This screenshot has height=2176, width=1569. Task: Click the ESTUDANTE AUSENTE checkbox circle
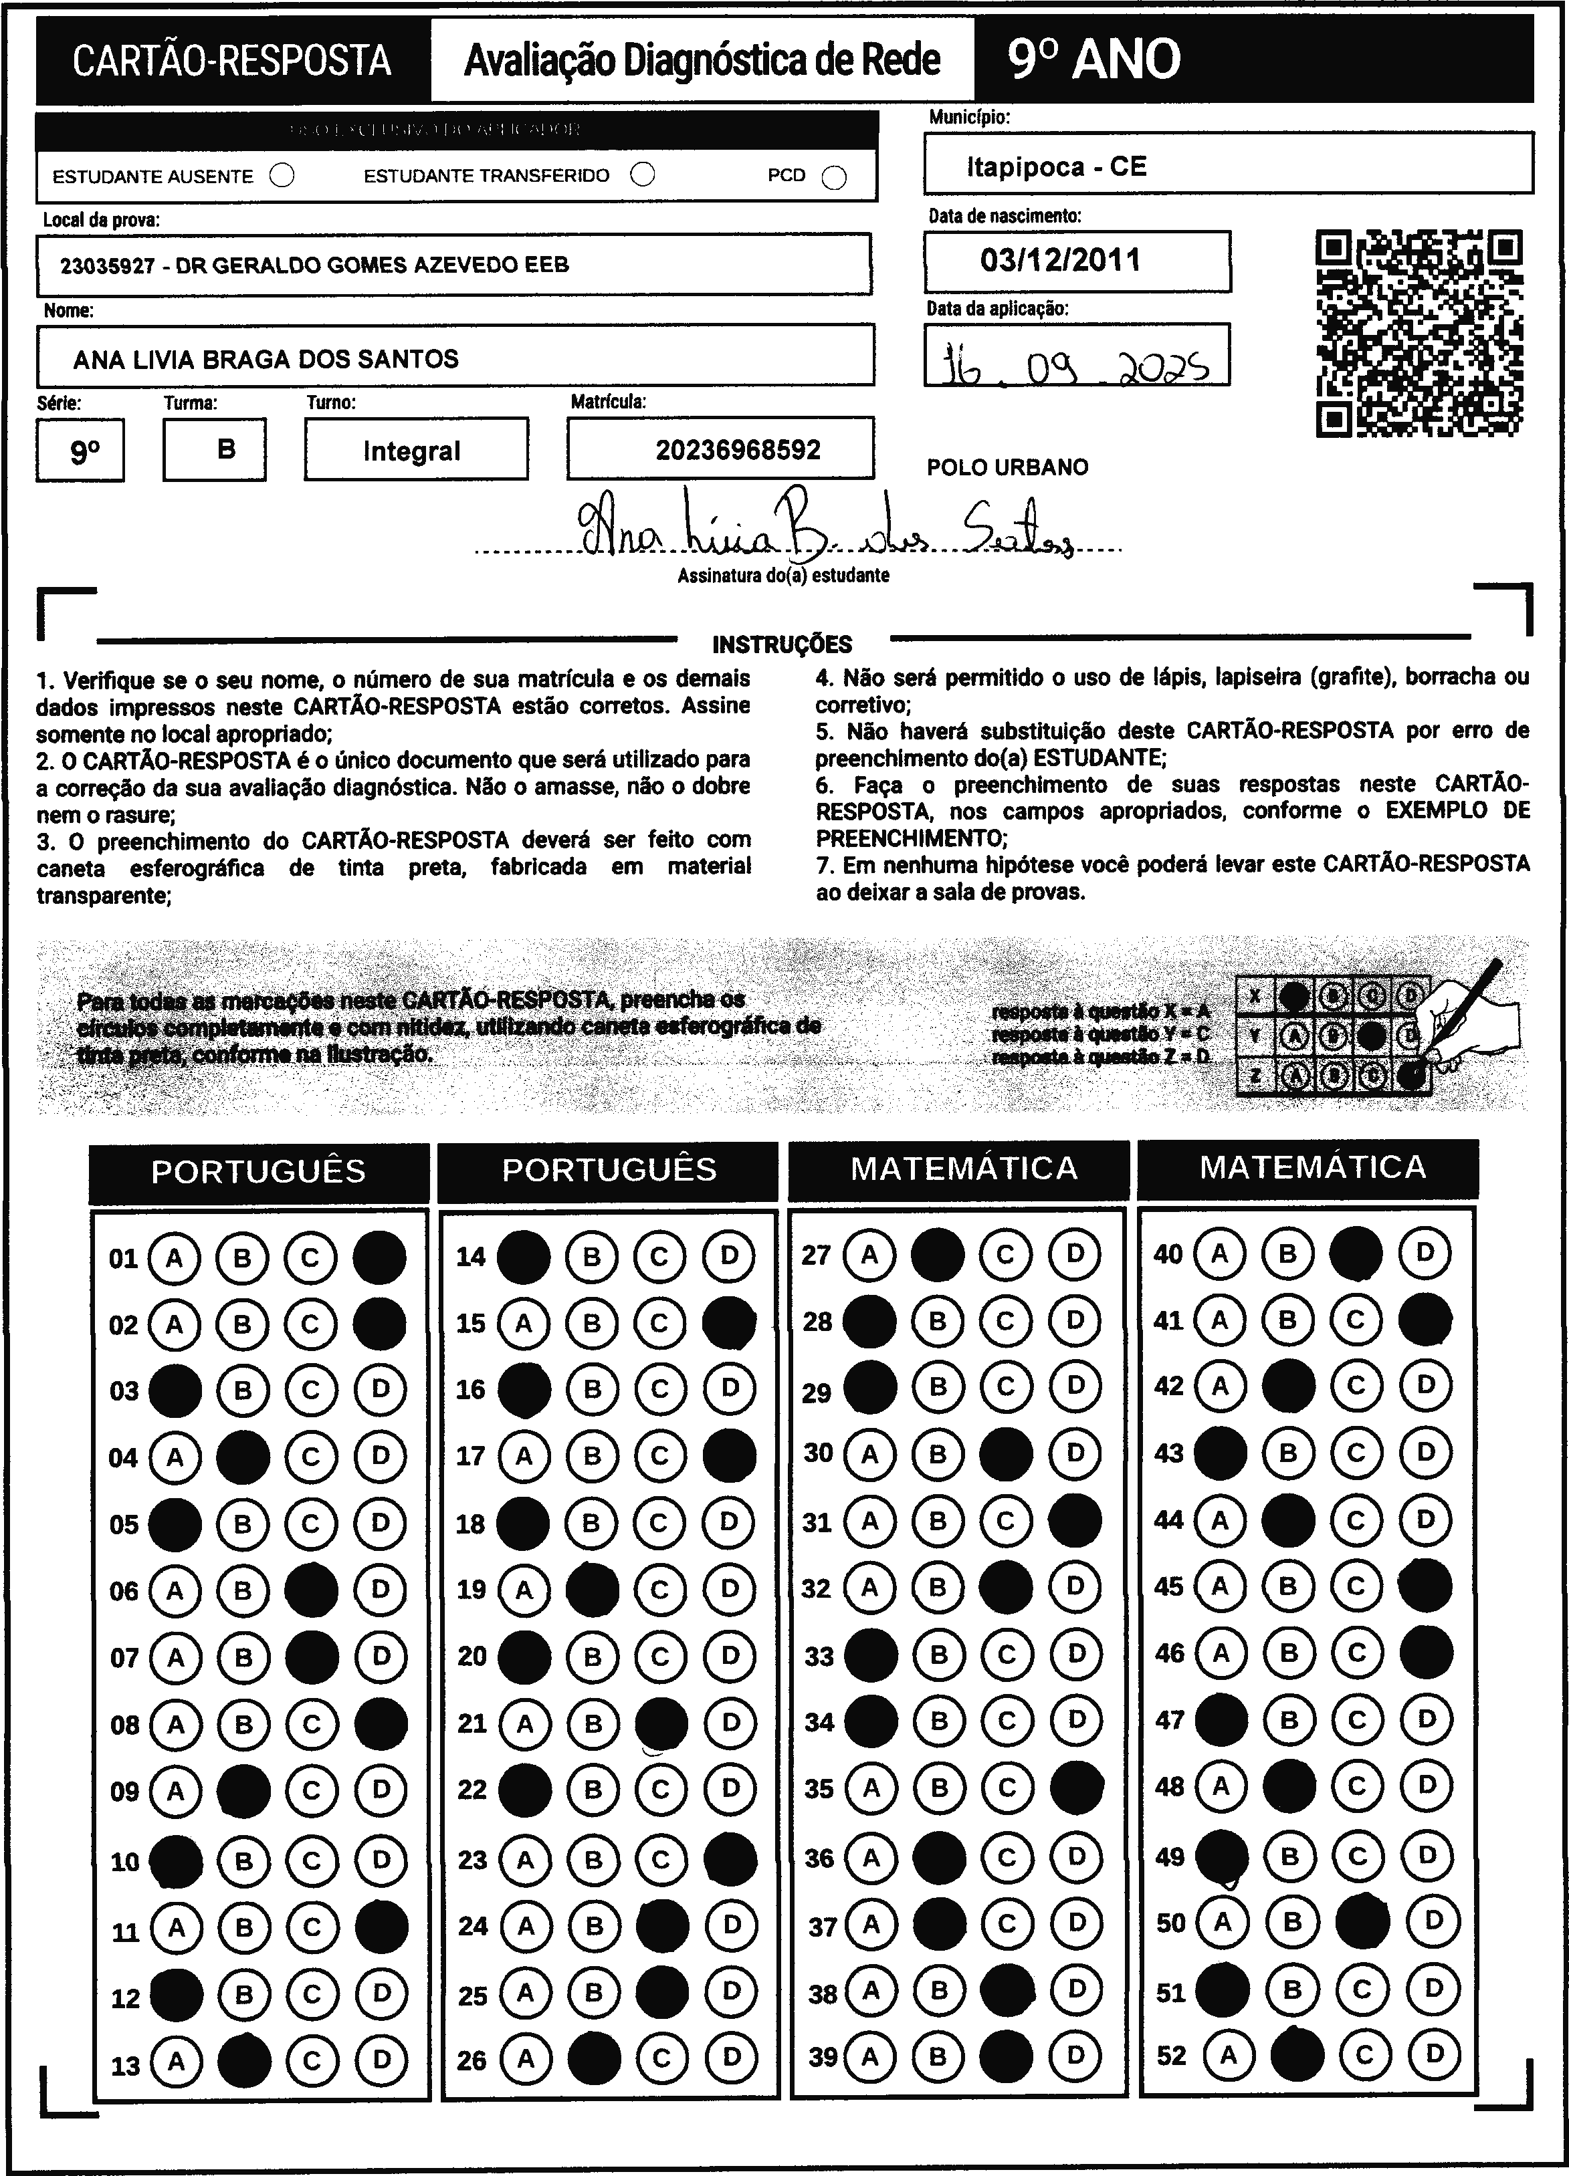tap(282, 176)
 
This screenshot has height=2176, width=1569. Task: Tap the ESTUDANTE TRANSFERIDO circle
tap(643, 174)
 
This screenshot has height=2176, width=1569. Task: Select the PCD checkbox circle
tap(835, 178)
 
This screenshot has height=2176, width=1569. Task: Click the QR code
tap(1419, 333)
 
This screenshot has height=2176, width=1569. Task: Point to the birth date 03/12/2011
tap(1061, 260)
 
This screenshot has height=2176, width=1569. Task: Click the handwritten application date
tap(1075, 364)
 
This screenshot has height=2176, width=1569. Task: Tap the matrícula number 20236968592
tap(738, 450)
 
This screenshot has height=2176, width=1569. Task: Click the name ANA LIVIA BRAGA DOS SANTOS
tap(266, 360)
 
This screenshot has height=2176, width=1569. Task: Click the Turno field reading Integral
tap(412, 451)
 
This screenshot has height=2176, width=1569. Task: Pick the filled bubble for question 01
tap(380, 1257)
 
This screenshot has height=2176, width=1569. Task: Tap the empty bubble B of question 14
tap(592, 1256)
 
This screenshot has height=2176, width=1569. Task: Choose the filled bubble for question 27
tap(938, 1254)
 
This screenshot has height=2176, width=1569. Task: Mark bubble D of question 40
tap(1425, 1252)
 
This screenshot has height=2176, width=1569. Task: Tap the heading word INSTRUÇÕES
tap(782, 644)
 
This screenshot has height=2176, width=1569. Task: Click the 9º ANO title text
tap(1094, 60)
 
